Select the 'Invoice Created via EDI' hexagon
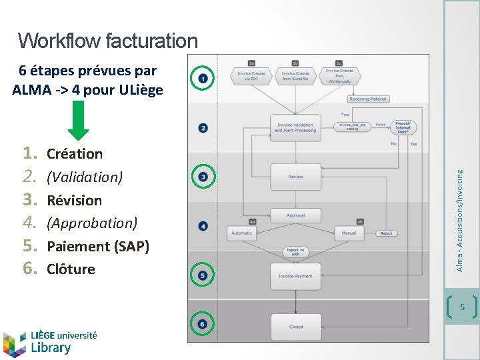(251, 77)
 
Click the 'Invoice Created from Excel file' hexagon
(295, 77)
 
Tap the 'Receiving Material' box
(368, 99)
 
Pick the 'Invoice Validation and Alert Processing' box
(295, 127)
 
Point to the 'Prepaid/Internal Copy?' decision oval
(403, 127)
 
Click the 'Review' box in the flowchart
(295, 177)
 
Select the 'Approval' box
(295, 215)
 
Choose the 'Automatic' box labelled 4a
(242, 233)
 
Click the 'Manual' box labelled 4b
(349, 233)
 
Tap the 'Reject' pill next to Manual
(386, 233)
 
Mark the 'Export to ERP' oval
(295, 252)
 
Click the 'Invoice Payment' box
(295, 276)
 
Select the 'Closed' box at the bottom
(295, 327)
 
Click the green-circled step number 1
(203, 79)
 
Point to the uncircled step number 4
(203, 227)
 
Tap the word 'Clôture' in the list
(71, 269)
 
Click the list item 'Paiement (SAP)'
(97, 246)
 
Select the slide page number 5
(461, 307)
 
